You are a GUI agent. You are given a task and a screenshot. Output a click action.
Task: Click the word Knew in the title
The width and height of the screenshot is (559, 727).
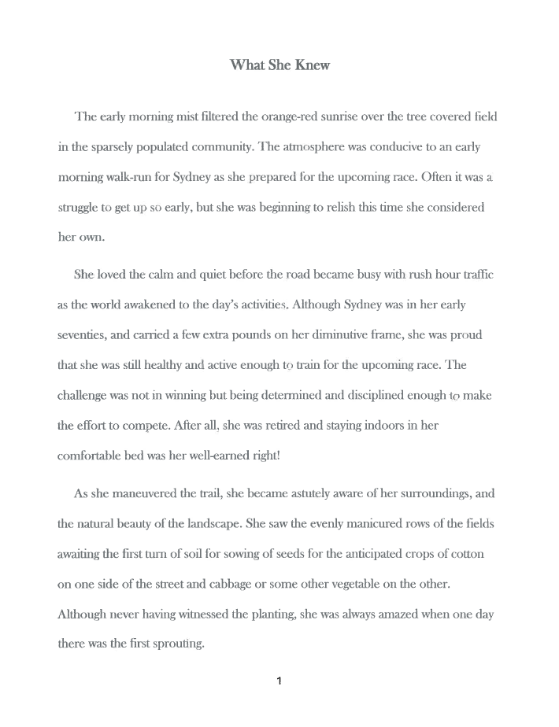coord(312,65)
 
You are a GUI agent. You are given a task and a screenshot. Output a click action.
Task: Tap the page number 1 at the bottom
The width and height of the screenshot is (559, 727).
coord(279,681)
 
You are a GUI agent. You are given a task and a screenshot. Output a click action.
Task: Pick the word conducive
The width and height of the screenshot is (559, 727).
coord(408,146)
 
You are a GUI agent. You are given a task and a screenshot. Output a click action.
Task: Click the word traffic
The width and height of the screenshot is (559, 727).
coord(476,275)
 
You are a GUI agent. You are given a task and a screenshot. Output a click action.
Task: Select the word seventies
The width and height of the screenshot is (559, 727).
coord(83,335)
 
